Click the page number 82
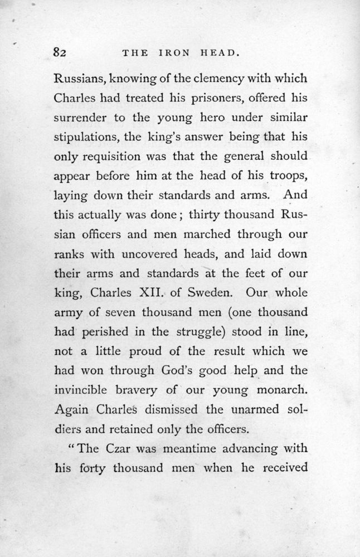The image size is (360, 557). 60,53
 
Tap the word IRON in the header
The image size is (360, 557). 174,53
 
